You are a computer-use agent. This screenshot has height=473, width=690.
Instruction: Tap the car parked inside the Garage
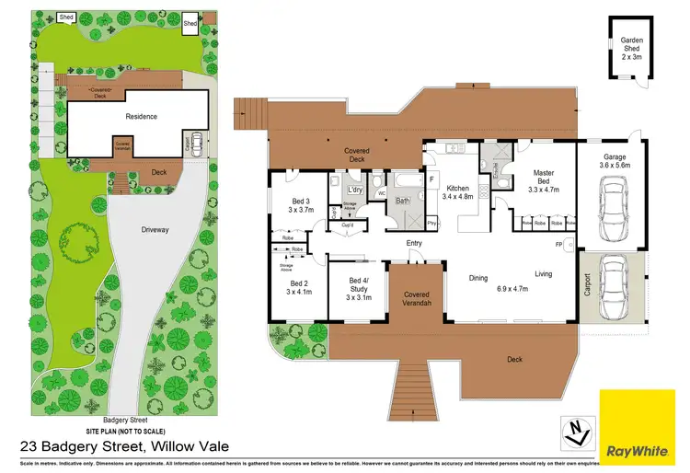click(x=612, y=204)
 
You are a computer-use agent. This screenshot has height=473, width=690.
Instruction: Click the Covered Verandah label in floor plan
click(x=416, y=300)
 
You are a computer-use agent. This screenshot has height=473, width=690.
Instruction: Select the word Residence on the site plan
click(x=142, y=117)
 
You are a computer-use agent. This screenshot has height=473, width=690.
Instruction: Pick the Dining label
click(x=478, y=277)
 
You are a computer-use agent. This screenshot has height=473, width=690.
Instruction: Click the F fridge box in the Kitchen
click(x=430, y=179)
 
